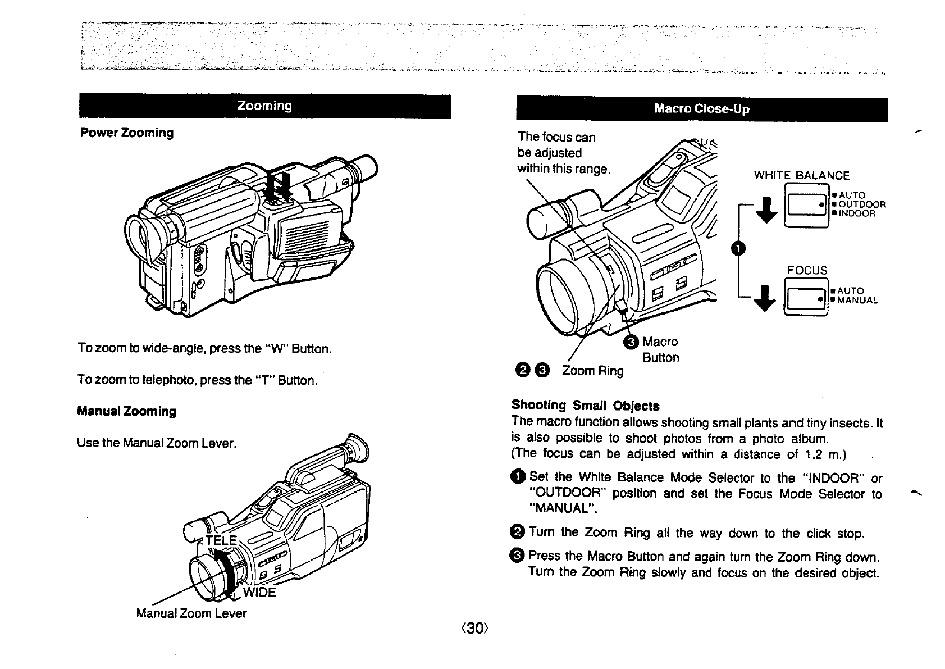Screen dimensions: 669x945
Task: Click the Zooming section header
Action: click(264, 106)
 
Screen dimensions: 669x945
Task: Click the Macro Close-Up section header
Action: click(701, 109)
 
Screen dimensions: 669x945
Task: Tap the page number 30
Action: click(474, 628)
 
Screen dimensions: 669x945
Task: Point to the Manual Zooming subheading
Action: click(127, 411)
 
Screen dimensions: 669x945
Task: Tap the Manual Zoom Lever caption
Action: click(191, 613)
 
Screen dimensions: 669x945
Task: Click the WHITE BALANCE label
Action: click(801, 175)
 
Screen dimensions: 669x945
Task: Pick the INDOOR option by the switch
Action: click(857, 213)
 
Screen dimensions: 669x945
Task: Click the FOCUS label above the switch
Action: click(807, 271)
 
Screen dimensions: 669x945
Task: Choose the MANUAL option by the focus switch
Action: click(857, 301)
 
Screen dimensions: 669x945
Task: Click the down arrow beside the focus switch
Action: click(766, 298)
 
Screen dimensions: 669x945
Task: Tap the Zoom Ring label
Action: click(593, 371)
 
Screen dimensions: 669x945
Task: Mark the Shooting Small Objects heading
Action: click(585, 406)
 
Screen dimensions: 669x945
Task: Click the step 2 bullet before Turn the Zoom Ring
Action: click(518, 531)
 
